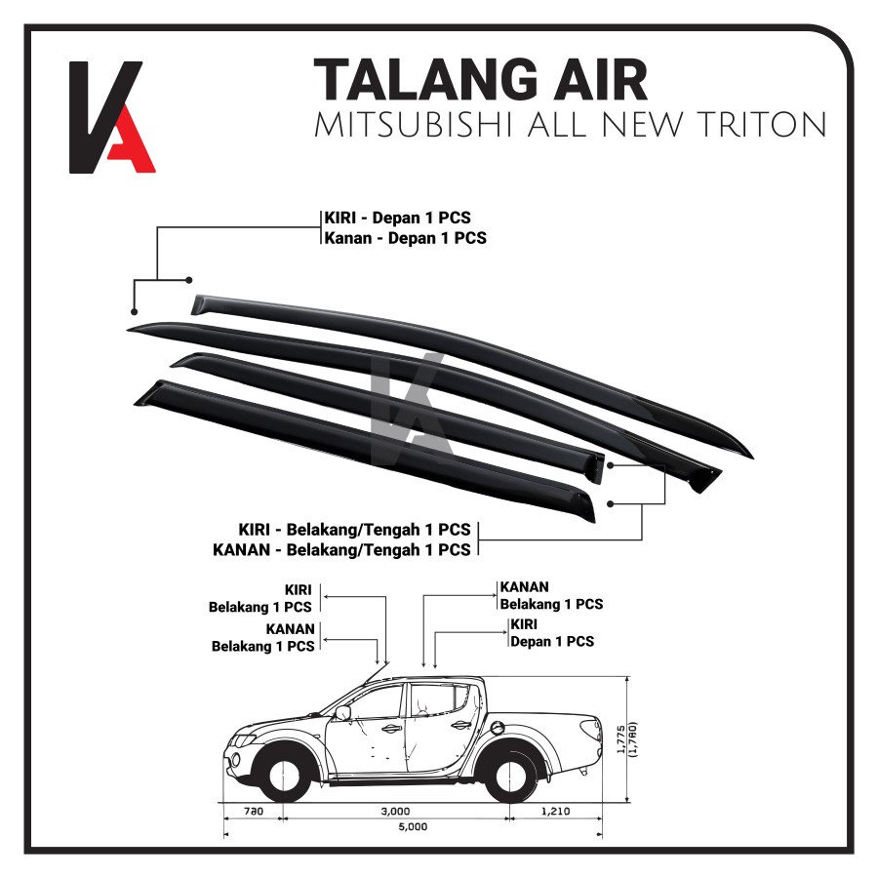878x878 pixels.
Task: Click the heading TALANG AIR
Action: [480, 80]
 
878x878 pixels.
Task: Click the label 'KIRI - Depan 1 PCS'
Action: [397, 219]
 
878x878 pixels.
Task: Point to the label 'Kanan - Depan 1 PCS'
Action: [405, 238]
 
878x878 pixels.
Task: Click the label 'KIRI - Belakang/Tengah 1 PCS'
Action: [355, 530]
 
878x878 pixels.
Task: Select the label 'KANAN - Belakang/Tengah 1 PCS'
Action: [341, 549]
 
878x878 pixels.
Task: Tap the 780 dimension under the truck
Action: [254, 811]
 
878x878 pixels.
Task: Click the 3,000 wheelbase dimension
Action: [395, 811]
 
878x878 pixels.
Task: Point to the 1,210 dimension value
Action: [551, 811]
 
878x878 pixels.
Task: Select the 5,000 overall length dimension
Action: [413, 827]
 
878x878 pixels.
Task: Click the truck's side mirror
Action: [343, 713]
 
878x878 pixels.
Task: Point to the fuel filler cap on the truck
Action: [498, 726]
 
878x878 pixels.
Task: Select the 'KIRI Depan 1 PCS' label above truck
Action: [551, 633]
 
